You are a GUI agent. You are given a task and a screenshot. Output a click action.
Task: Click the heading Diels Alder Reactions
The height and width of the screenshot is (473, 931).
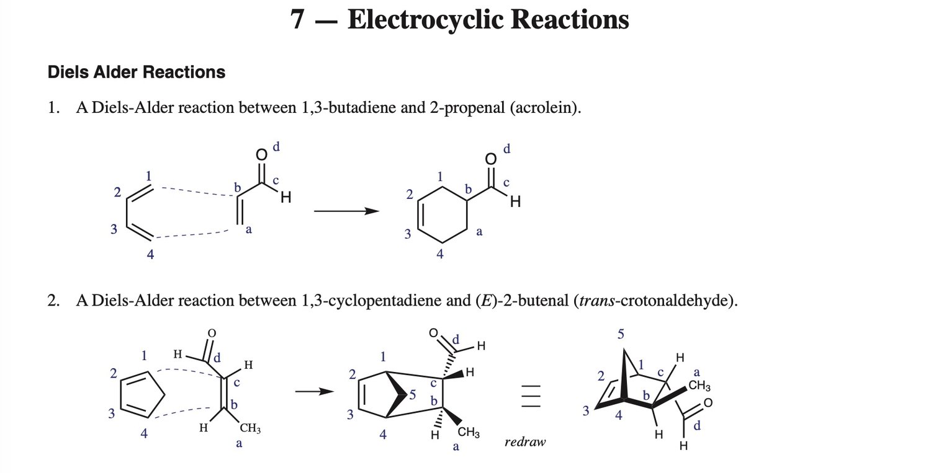pos(137,73)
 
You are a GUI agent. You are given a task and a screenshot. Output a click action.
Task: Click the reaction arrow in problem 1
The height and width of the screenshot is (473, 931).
pos(346,211)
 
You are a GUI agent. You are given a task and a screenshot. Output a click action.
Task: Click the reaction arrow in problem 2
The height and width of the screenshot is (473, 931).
pos(315,391)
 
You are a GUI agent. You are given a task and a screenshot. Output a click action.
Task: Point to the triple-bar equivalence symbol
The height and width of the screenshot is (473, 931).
pos(531,396)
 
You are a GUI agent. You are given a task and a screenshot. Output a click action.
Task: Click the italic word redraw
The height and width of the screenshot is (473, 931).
pos(525,442)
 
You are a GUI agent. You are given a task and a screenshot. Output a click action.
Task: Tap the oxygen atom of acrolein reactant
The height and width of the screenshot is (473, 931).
pos(261,154)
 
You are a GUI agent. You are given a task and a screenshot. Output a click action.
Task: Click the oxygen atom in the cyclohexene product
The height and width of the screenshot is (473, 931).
pos(491,159)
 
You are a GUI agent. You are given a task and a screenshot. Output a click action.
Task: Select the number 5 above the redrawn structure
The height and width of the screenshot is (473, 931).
pos(621,334)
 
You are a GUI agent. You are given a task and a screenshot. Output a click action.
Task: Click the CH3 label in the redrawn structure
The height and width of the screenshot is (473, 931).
pos(699,386)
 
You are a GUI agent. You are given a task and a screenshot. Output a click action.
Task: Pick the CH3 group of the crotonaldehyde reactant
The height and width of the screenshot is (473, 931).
pos(250,428)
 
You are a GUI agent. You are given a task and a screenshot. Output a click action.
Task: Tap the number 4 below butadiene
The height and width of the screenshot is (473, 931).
pos(150,254)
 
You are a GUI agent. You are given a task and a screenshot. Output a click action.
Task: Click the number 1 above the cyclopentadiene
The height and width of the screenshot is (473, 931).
pos(144,355)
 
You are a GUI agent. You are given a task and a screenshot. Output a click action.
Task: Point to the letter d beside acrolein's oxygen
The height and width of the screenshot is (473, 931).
pos(276,146)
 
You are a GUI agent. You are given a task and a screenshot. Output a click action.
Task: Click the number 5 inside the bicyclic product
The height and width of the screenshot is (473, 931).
pos(412,394)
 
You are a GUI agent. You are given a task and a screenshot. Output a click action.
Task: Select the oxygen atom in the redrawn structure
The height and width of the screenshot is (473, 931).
pos(708,402)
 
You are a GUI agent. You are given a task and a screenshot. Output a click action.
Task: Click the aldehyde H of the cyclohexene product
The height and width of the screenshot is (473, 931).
pos(515,202)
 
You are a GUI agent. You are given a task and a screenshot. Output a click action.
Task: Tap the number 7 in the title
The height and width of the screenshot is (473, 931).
pos(297,19)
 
